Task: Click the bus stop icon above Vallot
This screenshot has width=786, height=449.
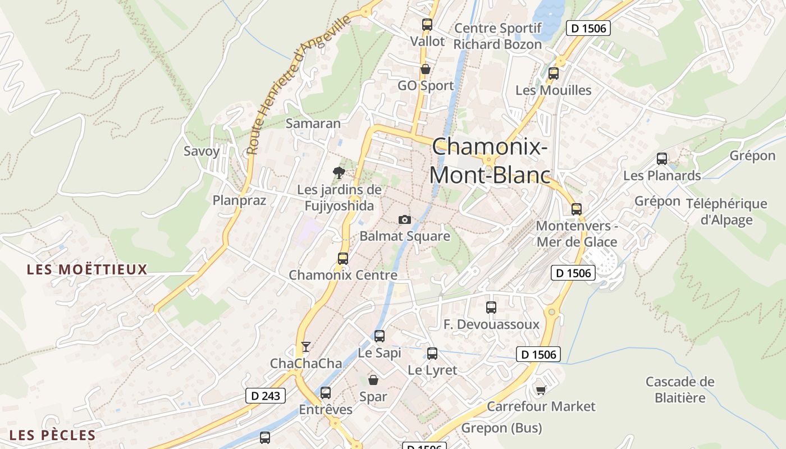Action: point(427,25)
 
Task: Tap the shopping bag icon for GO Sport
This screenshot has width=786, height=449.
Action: point(426,70)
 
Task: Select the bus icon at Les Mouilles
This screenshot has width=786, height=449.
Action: point(554,74)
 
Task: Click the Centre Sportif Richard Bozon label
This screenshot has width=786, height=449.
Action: point(497,36)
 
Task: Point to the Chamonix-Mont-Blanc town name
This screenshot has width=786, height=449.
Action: point(490,161)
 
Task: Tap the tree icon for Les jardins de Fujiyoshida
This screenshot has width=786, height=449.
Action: point(339,172)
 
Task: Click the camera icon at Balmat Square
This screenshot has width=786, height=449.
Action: point(404,219)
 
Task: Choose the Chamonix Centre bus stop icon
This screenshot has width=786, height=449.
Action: point(343,259)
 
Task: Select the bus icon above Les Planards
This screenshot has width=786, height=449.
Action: point(662,159)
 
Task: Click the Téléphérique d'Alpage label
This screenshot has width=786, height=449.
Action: point(726,212)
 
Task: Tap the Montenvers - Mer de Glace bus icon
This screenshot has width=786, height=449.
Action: point(577,209)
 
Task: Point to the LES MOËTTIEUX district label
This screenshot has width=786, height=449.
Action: point(87,270)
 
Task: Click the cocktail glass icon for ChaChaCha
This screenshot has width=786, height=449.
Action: point(305,347)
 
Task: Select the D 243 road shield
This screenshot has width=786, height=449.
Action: point(266,396)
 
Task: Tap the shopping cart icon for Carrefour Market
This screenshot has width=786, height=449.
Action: point(541,390)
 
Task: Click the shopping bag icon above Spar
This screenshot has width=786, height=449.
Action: point(373,380)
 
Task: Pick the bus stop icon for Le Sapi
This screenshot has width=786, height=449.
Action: point(380,336)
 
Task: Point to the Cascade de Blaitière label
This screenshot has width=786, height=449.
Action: point(679,390)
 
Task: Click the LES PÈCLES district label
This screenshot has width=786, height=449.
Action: point(53,436)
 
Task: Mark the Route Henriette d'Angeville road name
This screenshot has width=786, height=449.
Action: point(299,85)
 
